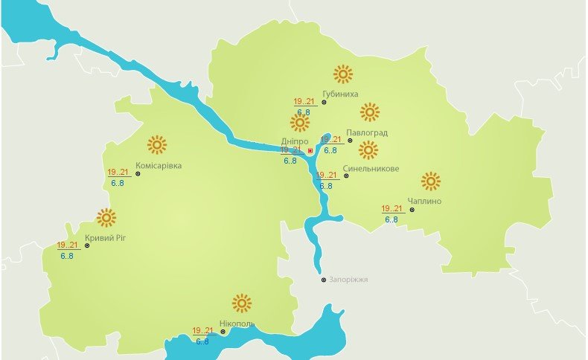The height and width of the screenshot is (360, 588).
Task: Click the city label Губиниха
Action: point(341,94)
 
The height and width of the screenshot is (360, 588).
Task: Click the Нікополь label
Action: point(237,324)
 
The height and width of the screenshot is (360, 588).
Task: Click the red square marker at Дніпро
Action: point(310,150)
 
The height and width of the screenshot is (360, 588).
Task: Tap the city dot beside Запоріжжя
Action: point(323,280)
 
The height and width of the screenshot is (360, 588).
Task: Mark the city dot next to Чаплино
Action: point(412,209)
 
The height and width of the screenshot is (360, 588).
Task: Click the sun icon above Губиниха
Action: point(342,74)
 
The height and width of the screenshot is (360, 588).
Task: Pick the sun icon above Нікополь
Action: point(241,303)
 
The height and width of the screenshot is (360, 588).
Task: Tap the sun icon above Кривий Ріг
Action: point(106,217)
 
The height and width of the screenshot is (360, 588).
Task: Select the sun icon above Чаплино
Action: point(430,181)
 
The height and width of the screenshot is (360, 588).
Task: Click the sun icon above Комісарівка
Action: point(156,144)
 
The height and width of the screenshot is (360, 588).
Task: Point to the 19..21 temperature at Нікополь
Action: point(202,331)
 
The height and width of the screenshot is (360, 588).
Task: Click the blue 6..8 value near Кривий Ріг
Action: point(66,256)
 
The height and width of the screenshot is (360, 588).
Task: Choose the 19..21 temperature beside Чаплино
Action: point(392,209)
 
